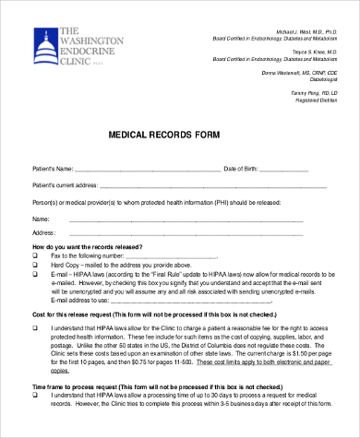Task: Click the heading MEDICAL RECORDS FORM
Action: point(179,134)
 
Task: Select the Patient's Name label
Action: point(53,170)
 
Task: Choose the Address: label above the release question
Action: point(44,233)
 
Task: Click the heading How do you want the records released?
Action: point(88,247)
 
